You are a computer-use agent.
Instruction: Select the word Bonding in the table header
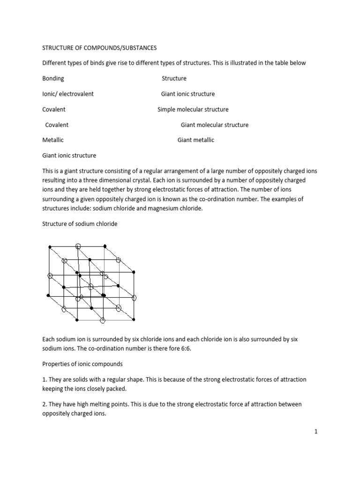(x=53, y=78)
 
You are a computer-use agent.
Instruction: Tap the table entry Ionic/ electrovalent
(x=68, y=94)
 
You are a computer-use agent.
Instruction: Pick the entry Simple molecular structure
(x=193, y=109)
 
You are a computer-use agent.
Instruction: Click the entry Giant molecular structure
(x=215, y=125)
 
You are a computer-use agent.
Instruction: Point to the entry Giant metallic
(x=196, y=140)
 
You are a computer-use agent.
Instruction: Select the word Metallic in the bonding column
(x=53, y=140)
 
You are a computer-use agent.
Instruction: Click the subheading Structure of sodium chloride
(x=80, y=224)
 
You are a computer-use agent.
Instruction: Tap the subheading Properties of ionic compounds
(x=83, y=363)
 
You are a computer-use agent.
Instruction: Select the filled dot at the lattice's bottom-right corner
(x=134, y=319)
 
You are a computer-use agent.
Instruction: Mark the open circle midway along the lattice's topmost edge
(x=78, y=245)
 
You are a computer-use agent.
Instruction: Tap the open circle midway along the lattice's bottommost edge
(x=103, y=320)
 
